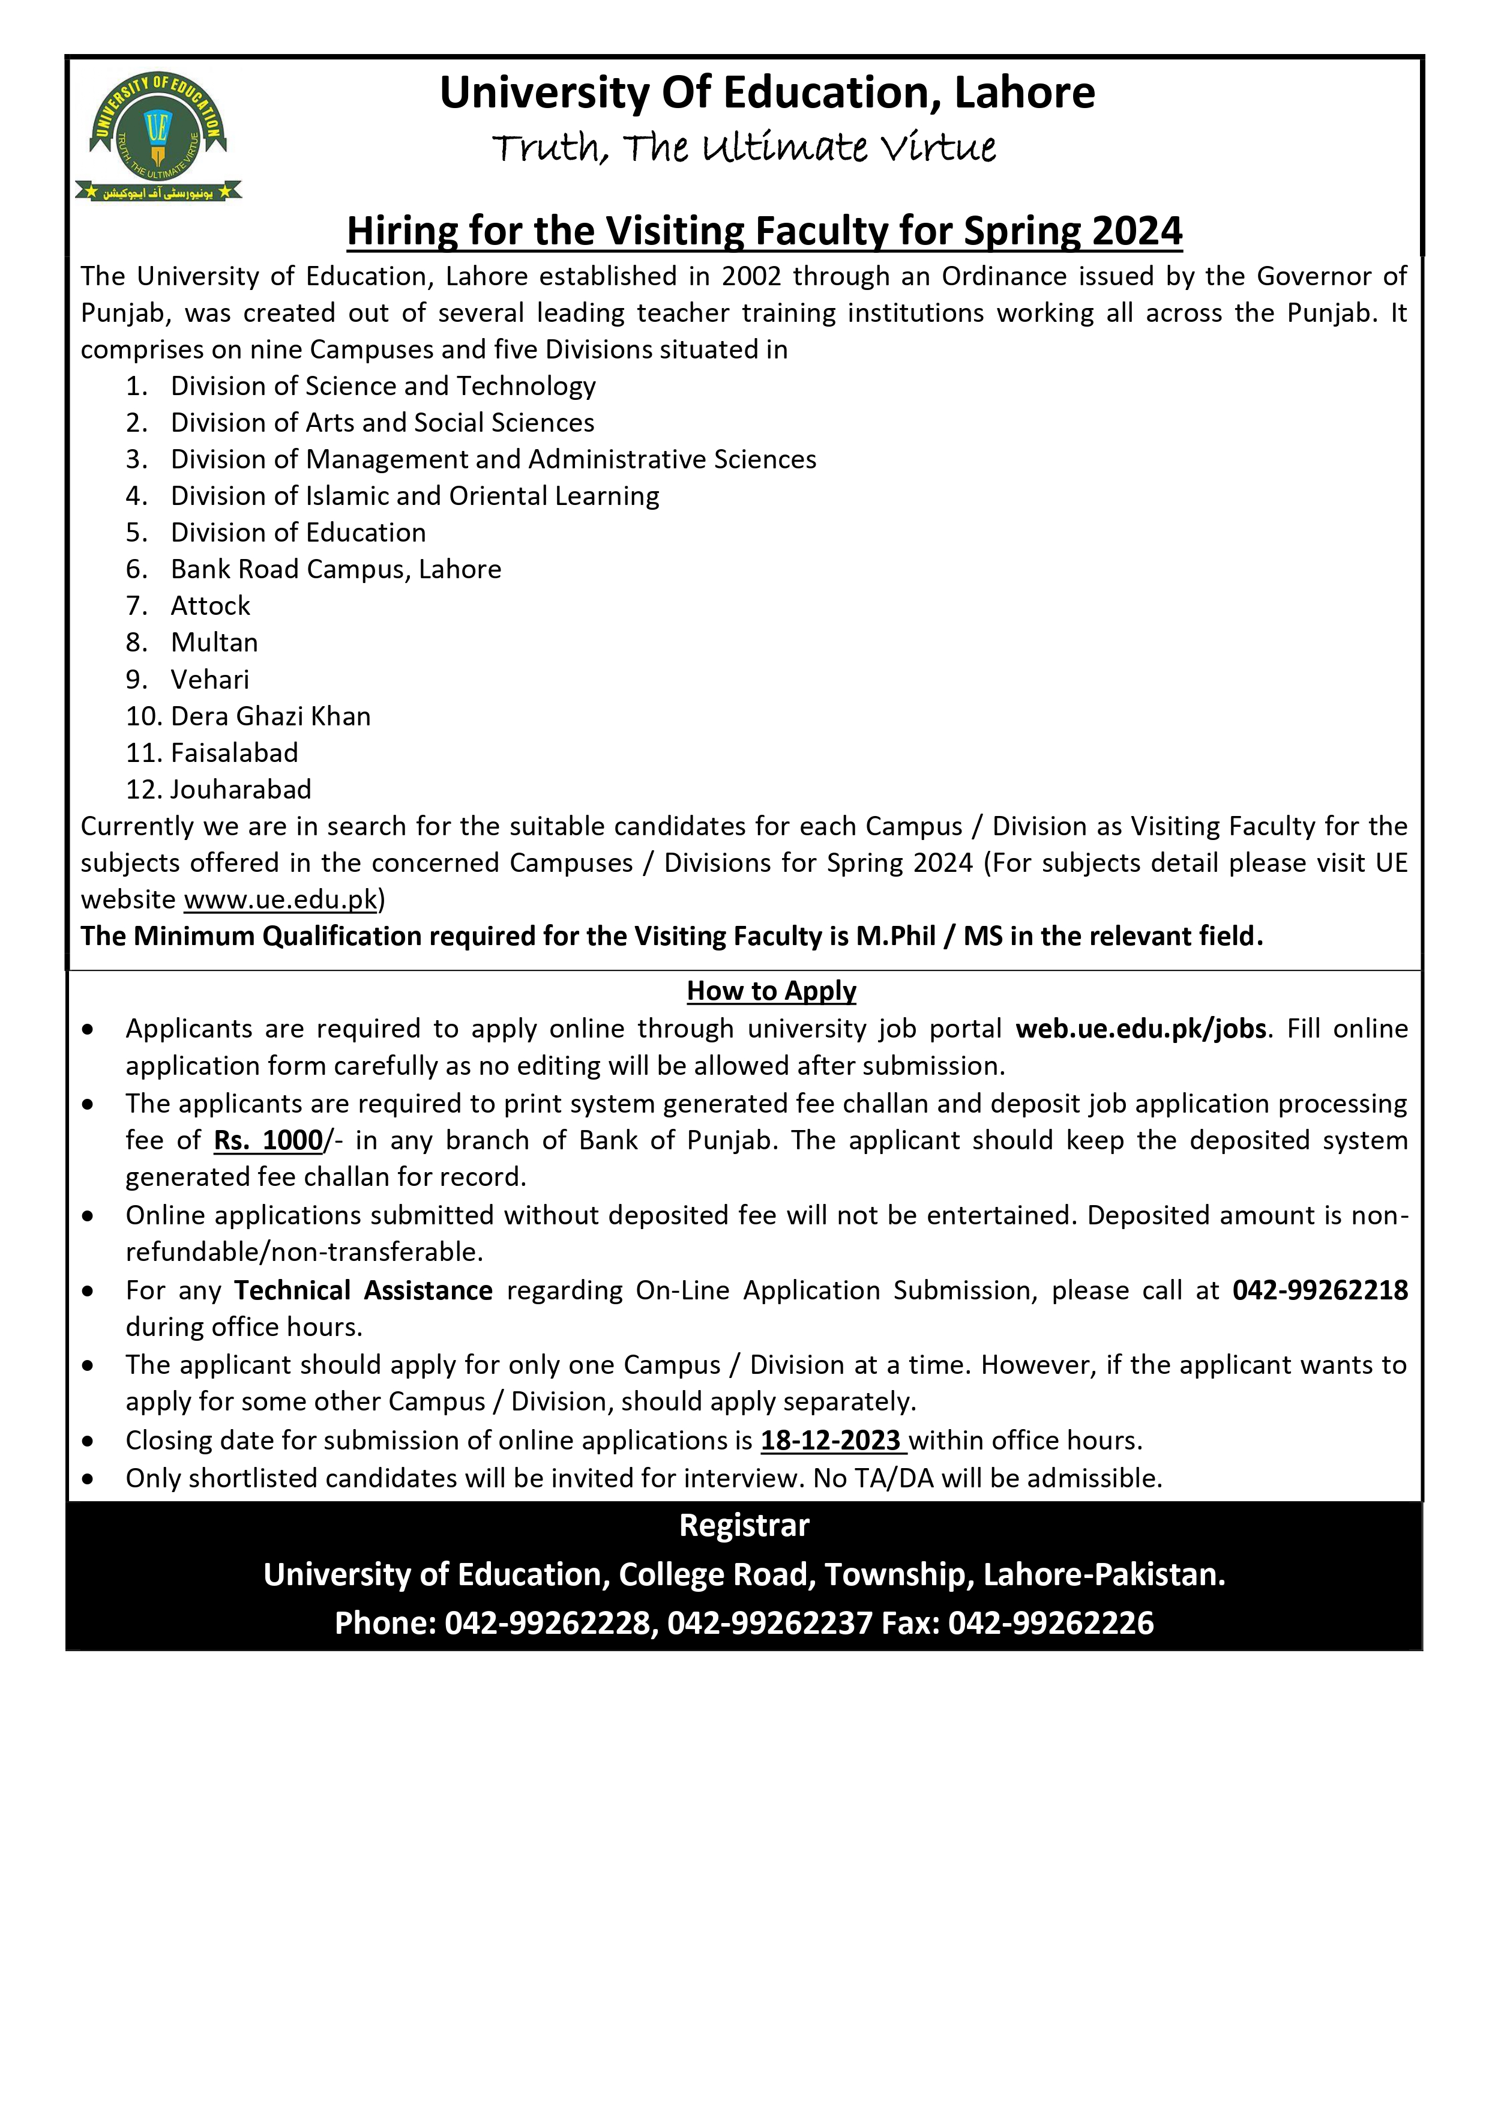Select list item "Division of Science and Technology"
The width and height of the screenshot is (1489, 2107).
point(382,386)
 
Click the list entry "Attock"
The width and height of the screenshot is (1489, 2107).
point(210,606)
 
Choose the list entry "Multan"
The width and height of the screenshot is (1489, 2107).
point(214,642)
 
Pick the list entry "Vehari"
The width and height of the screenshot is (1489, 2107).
point(209,679)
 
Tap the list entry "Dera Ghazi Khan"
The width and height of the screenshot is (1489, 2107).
point(271,716)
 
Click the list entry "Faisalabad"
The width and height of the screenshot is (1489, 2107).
point(234,752)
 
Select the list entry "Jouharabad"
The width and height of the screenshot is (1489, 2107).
point(241,789)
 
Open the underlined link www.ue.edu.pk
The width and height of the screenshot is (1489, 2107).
point(281,899)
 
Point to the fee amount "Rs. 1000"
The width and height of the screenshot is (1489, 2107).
point(268,1141)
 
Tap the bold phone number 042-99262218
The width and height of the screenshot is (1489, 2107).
point(1319,1290)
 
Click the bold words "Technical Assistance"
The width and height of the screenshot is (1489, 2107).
point(363,1290)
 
